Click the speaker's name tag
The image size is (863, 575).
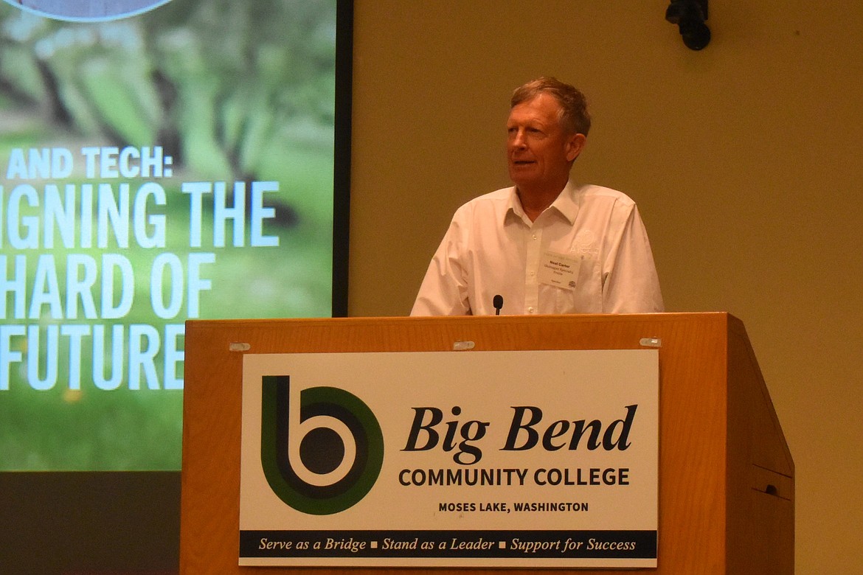[x=559, y=269]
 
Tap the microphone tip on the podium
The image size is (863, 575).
[x=498, y=301]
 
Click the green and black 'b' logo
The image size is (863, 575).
[x=322, y=445]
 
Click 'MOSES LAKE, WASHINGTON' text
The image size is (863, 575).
[x=513, y=507]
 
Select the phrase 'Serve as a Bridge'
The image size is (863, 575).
[x=311, y=545]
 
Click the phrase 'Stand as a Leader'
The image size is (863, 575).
[x=437, y=545]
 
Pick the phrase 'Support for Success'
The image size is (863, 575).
[x=572, y=545]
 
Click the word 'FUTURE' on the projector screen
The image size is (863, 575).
[x=92, y=358]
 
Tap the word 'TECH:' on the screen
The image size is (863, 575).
[x=128, y=163]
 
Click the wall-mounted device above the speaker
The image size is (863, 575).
[x=690, y=22]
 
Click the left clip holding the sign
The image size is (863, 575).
[x=239, y=346]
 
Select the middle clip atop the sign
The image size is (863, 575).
[x=463, y=344]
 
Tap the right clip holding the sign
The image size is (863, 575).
[x=650, y=342]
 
